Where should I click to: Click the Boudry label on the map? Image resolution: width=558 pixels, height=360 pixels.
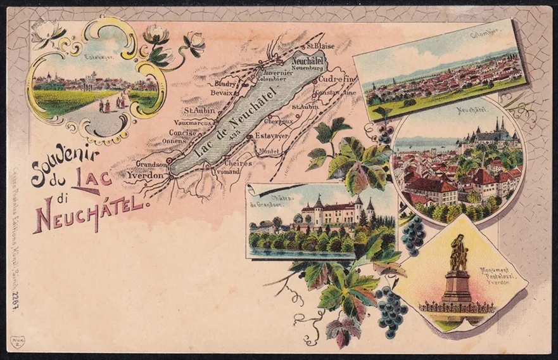[225, 83]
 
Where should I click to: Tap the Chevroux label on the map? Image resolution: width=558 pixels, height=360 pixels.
[278, 120]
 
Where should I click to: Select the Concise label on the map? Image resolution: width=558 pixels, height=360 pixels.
[182, 132]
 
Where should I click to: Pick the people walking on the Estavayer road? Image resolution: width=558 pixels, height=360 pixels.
[111, 104]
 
